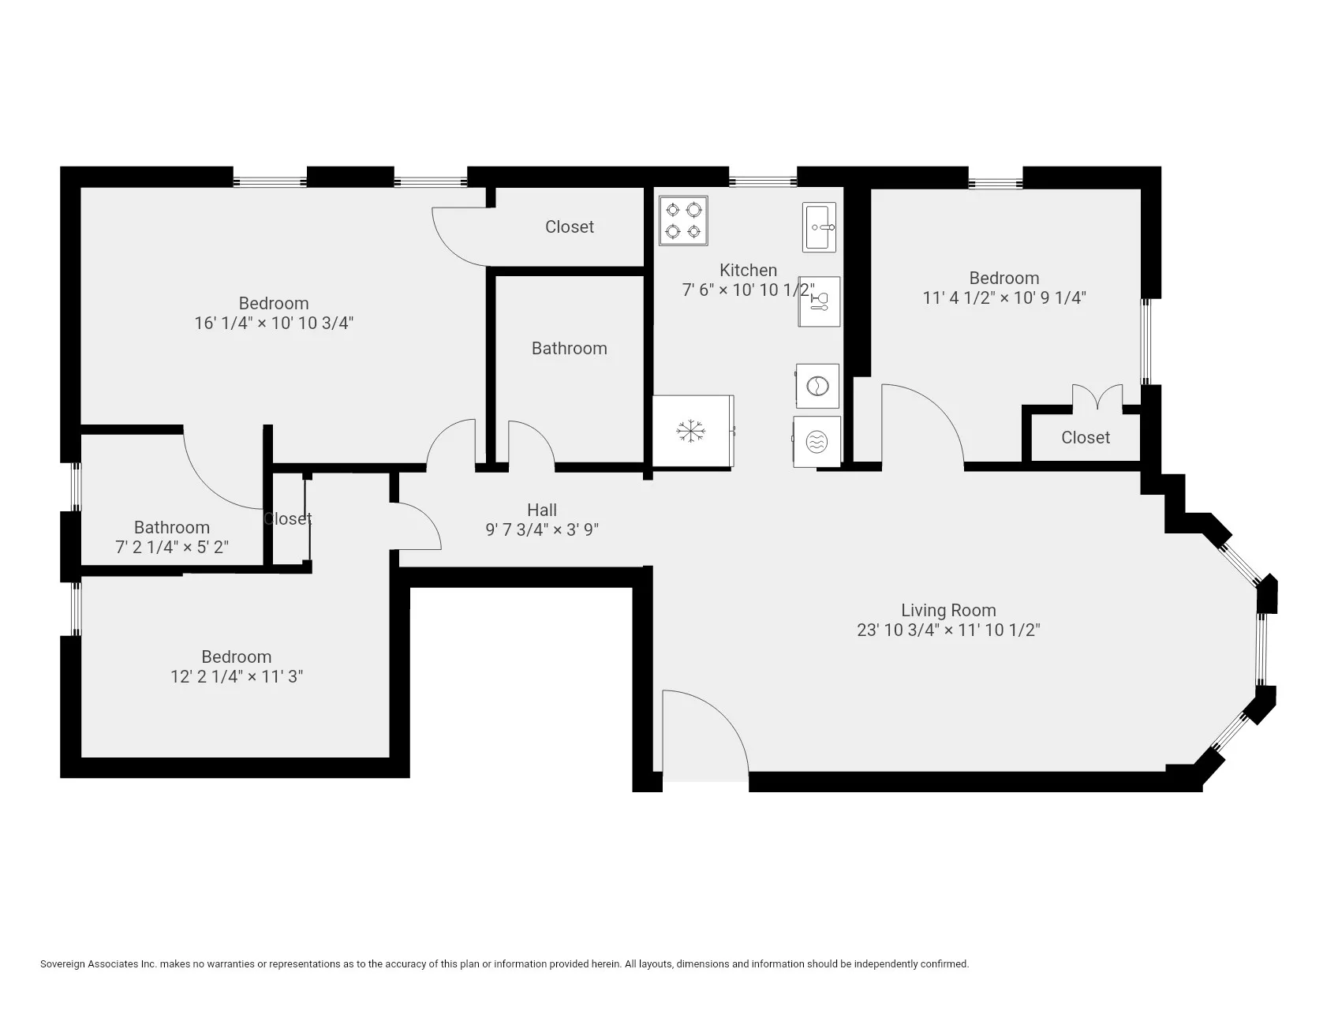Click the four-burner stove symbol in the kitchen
coord(683,221)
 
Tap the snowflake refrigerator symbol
coord(691,431)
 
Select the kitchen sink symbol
coord(819,227)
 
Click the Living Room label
coord(948,610)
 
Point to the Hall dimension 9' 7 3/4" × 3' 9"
coord(542,529)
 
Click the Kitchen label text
coord(748,270)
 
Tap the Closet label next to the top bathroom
coord(569,226)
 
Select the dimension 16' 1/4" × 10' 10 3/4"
coord(273,323)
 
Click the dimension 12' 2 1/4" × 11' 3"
coord(237,676)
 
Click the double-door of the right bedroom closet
coord(1097,397)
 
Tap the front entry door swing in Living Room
coord(704,734)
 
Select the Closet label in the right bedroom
coord(1085,437)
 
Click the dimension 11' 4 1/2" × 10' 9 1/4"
coord(1003,297)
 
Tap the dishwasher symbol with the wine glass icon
coord(819,301)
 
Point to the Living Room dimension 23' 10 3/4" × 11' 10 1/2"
coord(948,630)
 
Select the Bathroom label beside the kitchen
coord(569,348)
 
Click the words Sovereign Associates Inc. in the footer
coord(99,963)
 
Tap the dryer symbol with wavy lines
coord(817,443)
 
